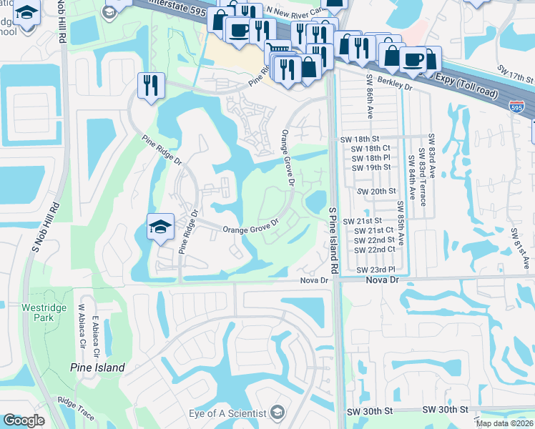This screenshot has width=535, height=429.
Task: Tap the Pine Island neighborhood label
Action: click(97, 368)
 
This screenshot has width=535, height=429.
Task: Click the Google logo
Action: click(24, 420)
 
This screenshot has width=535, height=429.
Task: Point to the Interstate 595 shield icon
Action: click(516, 107)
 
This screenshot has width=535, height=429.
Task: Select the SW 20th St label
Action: click(376, 192)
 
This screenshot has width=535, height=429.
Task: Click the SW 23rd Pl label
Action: click(376, 270)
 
